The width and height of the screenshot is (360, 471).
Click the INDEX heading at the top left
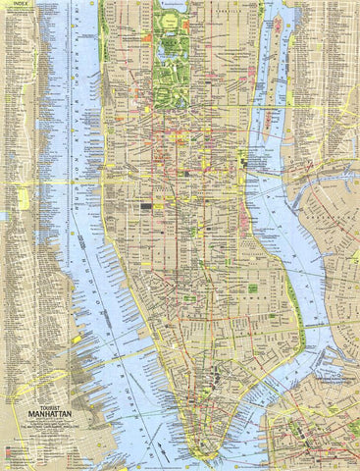pyautogui.click(x=13, y=4)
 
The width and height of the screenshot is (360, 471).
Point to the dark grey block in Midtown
pyautogui.click(x=147, y=207)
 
